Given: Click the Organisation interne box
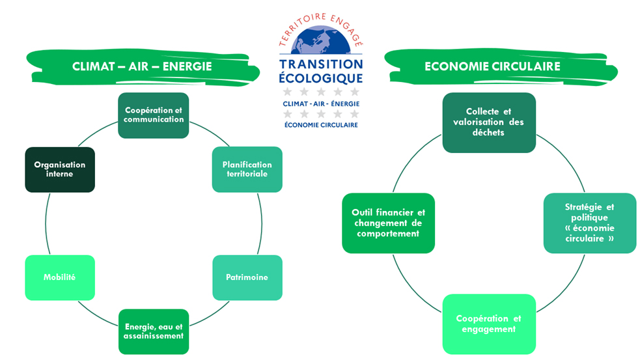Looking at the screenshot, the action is (60, 170).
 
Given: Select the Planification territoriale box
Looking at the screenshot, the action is (247, 169).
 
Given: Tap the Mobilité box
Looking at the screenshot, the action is (60, 277).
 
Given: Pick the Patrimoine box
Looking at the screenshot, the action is (247, 277).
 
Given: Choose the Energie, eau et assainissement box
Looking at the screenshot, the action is (154, 331).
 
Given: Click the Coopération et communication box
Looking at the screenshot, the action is (154, 115).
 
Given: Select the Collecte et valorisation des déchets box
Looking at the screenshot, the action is (489, 122).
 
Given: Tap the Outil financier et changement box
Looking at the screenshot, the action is (389, 223).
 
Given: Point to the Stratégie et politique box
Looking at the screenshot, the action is (590, 223).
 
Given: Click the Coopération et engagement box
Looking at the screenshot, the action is (489, 324).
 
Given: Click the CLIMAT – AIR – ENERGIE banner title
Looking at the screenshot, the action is (142, 66).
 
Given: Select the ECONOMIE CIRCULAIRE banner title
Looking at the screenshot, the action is (492, 66).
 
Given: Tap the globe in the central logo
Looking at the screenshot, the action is (321, 40).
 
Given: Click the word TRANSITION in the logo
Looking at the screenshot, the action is (321, 64).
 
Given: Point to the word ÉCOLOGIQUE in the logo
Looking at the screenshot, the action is (321, 77).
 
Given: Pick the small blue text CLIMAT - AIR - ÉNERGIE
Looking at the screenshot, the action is (321, 104).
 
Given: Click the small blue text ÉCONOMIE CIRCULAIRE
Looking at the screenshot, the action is (321, 125).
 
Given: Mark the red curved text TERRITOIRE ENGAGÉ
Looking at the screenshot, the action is (321, 29).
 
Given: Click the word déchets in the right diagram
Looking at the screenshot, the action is (488, 133).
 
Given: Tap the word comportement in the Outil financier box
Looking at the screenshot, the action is (388, 234).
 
